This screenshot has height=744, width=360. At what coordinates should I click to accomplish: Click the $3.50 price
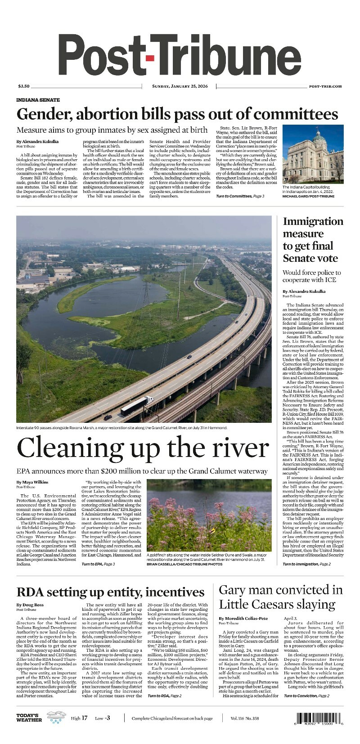[x=23, y=86]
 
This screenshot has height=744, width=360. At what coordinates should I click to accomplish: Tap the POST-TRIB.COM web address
[x=325, y=86]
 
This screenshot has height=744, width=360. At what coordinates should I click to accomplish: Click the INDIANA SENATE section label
[x=38, y=100]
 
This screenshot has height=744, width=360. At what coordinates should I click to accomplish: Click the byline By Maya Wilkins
[x=33, y=482]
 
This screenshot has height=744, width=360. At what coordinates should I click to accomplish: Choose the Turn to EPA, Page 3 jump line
[x=98, y=564]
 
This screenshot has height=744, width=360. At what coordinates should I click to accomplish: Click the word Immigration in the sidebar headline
[x=313, y=222]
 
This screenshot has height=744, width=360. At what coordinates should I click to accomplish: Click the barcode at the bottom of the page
[x=321, y=718]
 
